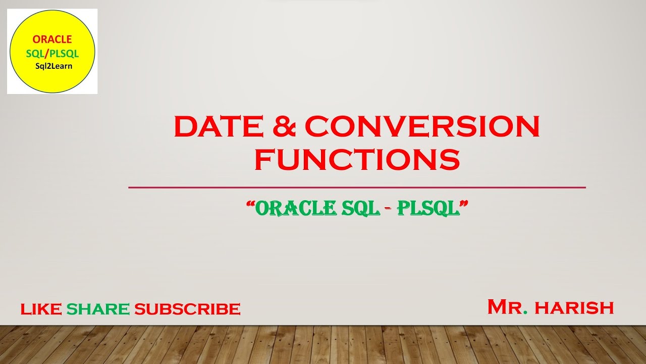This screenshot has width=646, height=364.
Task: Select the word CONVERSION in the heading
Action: tap(422, 127)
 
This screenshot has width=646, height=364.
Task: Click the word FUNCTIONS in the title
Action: tap(357, 159)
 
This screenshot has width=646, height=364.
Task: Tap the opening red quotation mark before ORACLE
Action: tap(250, 204)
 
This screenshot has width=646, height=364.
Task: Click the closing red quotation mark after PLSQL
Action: tap(464, 204)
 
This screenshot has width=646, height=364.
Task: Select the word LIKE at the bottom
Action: tap(41, 309)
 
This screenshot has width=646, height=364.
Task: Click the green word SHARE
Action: tap(98, 309)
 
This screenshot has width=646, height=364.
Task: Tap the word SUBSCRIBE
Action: tap(187, 309)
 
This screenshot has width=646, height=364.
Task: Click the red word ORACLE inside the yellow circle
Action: tap(52, 39)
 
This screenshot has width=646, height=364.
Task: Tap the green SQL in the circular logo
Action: tap(35, 53)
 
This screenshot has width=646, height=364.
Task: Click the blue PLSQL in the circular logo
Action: tap(65, 53)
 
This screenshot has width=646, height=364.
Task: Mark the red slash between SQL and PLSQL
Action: tap(47, 53)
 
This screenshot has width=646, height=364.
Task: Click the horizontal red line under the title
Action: tap(357, 188)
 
